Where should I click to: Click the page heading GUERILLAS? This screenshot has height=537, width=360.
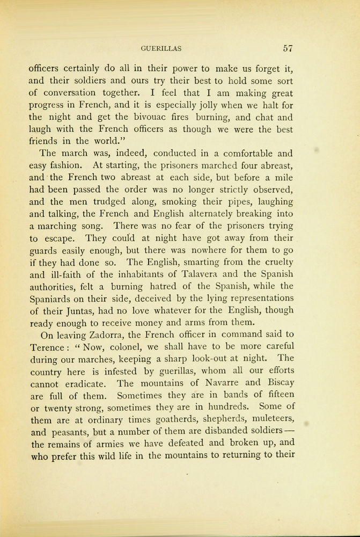(161, 48)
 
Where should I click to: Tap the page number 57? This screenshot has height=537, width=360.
(287, 48)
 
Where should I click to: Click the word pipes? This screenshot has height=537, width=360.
(232, 202)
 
